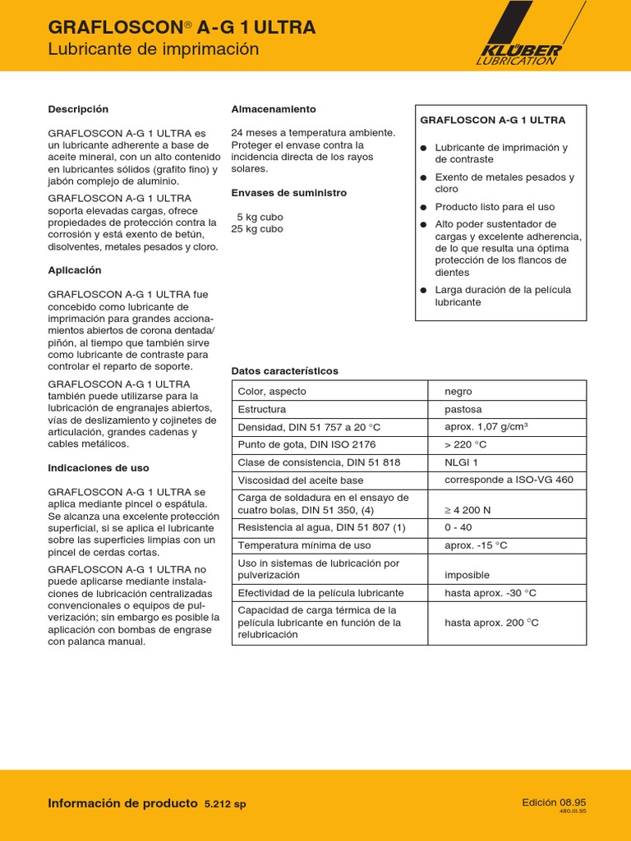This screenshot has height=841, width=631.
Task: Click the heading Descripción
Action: pyautogui.click(x=78, y=109)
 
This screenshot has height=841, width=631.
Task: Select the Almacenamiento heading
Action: pyautogui.click(x=274, y=109)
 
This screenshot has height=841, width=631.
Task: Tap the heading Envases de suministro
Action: pyautogui.click(x=289, y=193)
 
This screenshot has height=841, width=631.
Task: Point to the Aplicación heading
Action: pyautogui.click(x=75, y=270)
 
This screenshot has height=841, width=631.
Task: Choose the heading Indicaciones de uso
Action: pyautogui.click(x=99, y=468)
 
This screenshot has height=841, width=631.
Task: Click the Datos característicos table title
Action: pyautogui.click(x=285, y=371)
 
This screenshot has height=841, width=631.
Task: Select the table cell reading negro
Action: pyautogui.click(x=458, y=392)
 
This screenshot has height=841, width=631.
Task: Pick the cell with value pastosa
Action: pyautogui.click(x=463, y=409)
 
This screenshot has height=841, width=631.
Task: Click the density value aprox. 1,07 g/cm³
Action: pyautogui.click(x=486, y=427)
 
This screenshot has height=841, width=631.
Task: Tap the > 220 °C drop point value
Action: pyautogui.click(x=466, y=445)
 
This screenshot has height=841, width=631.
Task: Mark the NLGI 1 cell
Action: pyautogui.click(x=462, y=462)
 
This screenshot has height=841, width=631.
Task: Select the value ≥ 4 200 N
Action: pyautogui.click(x=467, y=510)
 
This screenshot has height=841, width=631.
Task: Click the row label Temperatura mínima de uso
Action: pyautogui.click(x=304, y=545)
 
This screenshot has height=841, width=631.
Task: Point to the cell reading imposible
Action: pyautogui.click(x=467, y=575)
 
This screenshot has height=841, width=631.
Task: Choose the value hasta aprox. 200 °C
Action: pyautogui.click(x=491, y=623)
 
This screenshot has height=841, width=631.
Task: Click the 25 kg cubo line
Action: pyautogui.click(x=257, y=229)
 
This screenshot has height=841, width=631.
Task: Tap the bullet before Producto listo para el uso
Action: pyautogui.click(x=424, y=207)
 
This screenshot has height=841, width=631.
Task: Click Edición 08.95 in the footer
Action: pyautogui.click(x=554, y=802)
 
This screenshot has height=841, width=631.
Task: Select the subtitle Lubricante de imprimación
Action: pyautogui.click(x=154, y=49)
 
